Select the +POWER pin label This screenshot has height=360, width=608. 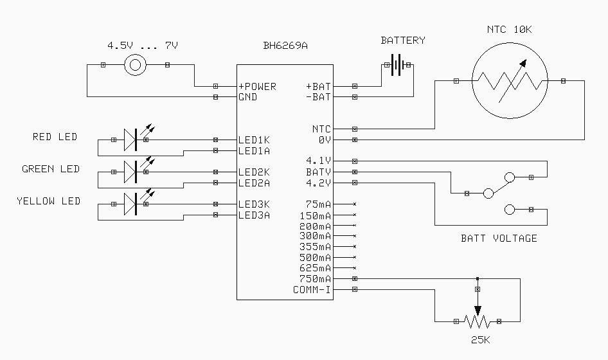pos(257,86)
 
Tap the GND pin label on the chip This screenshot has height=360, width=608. pos(247,97)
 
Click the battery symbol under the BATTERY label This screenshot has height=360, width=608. pos(398,65)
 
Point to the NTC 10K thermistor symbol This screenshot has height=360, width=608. pos(510,81)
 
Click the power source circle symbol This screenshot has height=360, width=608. pos(135,65)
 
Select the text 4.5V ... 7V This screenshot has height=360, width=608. pos(142,46)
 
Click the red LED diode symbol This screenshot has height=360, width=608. pos(131,139)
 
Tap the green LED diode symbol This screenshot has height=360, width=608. pos(131,172)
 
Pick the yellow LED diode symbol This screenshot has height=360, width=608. pos(131,204)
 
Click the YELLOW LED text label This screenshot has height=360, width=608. pos(48,201)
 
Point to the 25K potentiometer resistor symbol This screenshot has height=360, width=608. pos(476,321)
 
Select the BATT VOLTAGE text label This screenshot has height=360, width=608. pos(499,239)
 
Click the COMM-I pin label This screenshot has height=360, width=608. pos(312,290)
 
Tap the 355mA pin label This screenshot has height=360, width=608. pos(315,247)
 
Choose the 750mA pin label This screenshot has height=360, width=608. pos(315,279)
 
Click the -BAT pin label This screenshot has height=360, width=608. pos(318,97)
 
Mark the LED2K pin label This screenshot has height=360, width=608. pos(254,172)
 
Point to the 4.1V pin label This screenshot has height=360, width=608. pos(319,161)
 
